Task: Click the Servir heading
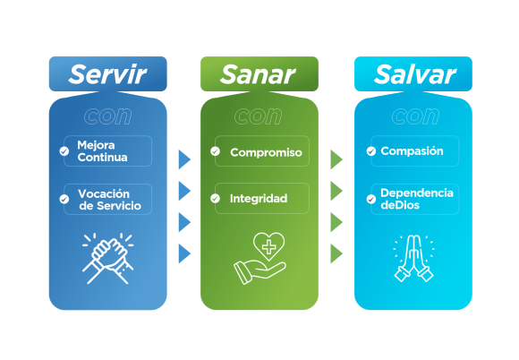pos(107,74)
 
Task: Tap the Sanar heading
pos(258,74)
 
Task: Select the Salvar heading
pos(414,74)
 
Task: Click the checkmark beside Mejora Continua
pos(64,151)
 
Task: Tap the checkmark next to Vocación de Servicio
pos(64,199)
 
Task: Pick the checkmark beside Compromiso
pos(215,151)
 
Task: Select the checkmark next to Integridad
pos(215,199)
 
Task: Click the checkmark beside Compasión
pos(371,151)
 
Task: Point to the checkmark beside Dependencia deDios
pos(371,199)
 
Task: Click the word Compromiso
pos(266,152)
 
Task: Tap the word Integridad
pos(259,199)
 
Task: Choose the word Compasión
pos(412,151)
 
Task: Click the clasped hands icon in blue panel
pos(108,258)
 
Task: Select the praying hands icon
pos(413,258)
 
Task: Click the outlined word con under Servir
pos(108,116)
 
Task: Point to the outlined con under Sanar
pos(259,116)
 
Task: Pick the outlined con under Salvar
pos(416,116)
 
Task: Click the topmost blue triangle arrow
pos(184,159)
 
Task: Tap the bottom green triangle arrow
pos(336,253)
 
